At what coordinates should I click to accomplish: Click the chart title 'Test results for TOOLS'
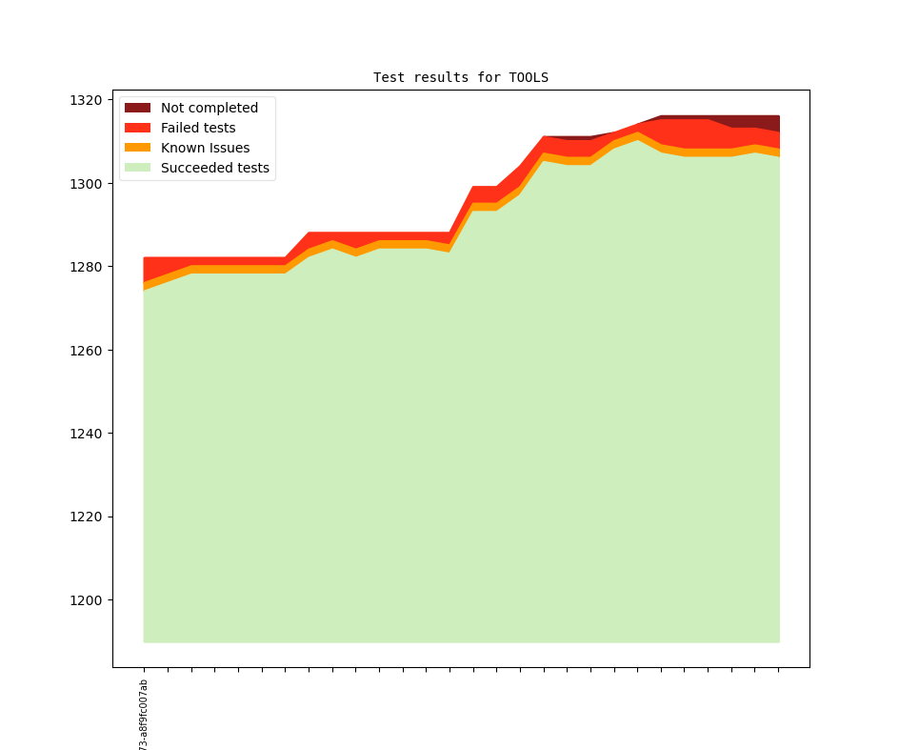click(460, 77)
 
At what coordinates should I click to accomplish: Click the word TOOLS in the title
click(529, 77)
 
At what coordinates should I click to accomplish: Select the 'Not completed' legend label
click(209, 108)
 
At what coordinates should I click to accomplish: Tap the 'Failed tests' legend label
click(197, 128)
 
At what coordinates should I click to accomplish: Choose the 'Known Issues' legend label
click(205, 148)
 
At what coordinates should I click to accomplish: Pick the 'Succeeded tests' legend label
click(214, 168)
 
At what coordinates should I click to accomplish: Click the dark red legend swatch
click(137, 108)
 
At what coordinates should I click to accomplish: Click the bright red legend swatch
click(137, 128)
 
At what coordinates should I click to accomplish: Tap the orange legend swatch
click(137, 148)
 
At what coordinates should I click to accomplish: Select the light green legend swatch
click(137, 168)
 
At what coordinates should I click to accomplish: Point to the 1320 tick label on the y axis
click(86, 100)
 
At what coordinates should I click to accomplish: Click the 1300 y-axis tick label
click(86, 183)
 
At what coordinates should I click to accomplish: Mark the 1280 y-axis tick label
click(86, 267)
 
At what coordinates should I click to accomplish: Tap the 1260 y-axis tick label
click(86, 350)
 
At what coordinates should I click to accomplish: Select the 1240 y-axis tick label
click(86, 434)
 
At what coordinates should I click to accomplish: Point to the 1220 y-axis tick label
click(86, 517)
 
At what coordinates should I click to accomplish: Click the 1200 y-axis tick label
click(86, 600)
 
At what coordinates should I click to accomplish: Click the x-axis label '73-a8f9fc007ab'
click(144, 715)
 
